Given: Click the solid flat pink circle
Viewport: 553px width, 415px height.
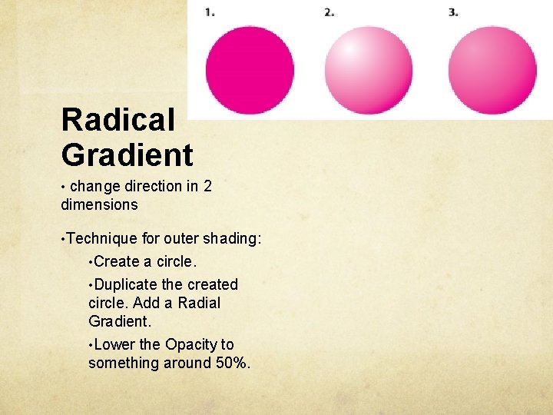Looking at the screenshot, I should click(250, 71).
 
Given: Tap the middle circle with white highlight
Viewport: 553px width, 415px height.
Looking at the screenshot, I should click(369, 71).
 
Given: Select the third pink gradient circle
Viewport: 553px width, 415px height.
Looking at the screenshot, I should click(492, 71).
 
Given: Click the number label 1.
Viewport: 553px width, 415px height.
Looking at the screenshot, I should click(210, 12).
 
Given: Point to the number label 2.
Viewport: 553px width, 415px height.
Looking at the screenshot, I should click(329, 12).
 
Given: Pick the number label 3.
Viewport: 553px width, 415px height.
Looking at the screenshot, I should click(453, 12).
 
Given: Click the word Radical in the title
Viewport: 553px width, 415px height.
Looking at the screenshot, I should click(118, 120).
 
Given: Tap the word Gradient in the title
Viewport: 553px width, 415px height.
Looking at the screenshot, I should click(127, 155).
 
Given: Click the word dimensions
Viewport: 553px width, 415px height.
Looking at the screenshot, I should click(99, 204).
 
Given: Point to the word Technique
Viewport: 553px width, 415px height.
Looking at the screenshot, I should click(102, 239).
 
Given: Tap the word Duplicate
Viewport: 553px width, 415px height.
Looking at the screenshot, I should click(125, 284).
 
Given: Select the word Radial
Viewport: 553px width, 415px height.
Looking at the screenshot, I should click(199, 303).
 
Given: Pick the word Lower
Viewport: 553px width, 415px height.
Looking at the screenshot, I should click(115, 344).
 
